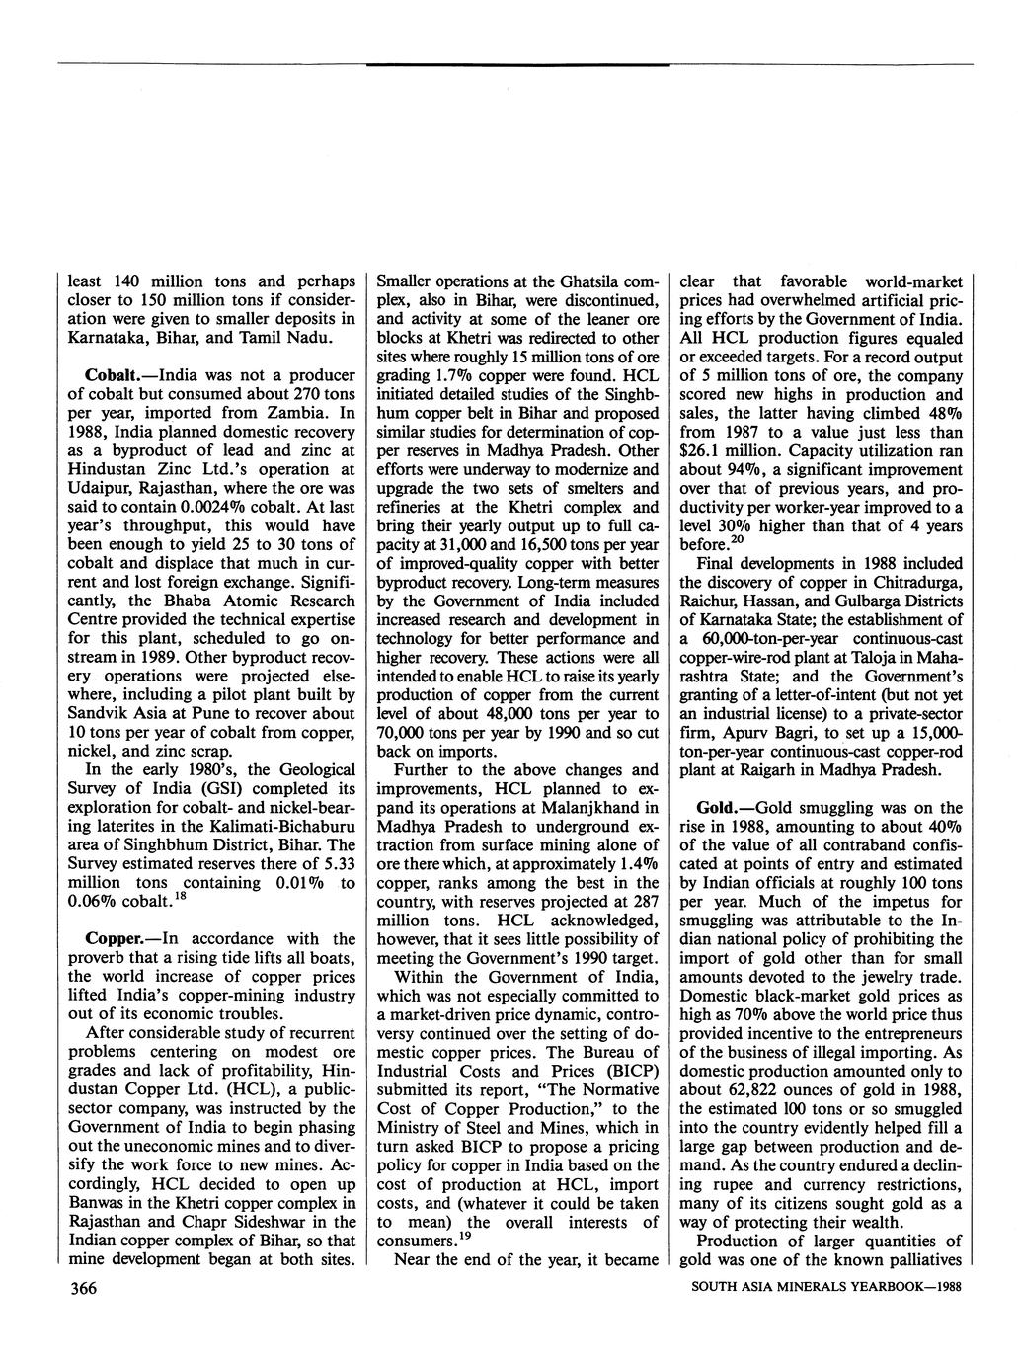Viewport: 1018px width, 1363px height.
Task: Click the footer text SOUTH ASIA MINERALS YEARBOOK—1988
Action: coord(825,1287)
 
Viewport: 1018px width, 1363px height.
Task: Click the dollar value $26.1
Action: coord(701,450)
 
